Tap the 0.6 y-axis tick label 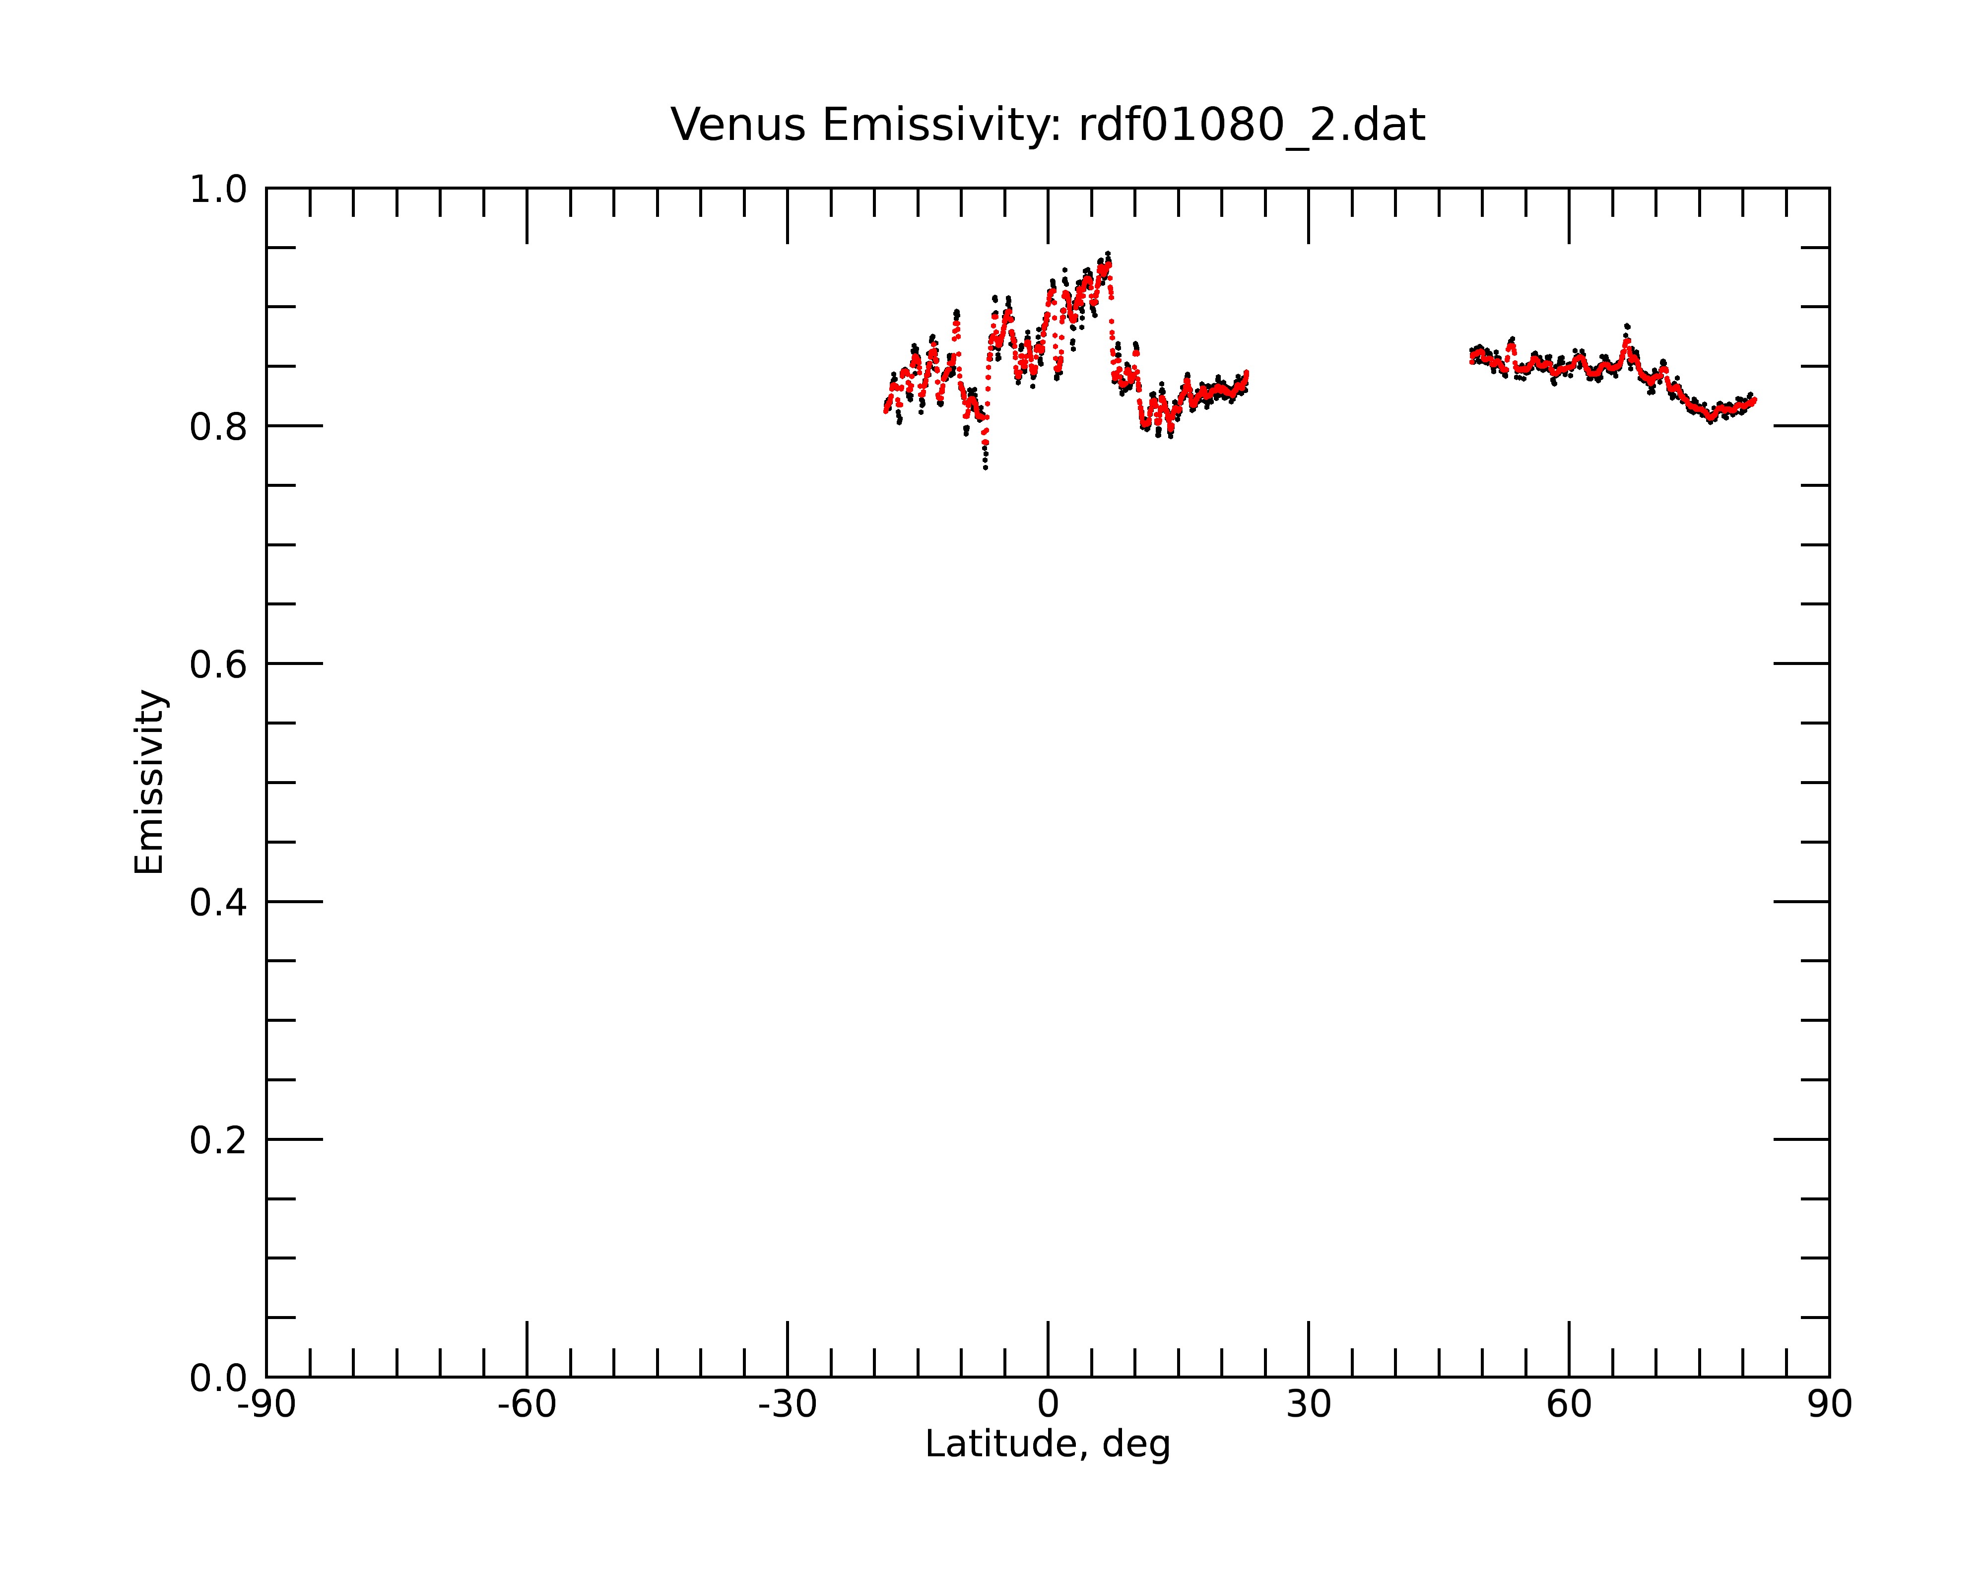tap(218, 664)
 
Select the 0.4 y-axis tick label tap(218, 902)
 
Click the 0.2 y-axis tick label tap(218, 1140)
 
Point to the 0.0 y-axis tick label tap(218, 1378)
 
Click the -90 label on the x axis tap(266, 1405)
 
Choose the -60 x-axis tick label tap(527, 1405)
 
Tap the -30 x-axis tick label tap(787, 1405)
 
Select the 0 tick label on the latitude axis tap(1048, 1405)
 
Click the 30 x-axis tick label tap(1308, 1405)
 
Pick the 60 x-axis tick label tap(1569, 1405)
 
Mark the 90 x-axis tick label tap(1829, 1405)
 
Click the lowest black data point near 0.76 tap(985, 467)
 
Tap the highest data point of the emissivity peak tap(1108, 253)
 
